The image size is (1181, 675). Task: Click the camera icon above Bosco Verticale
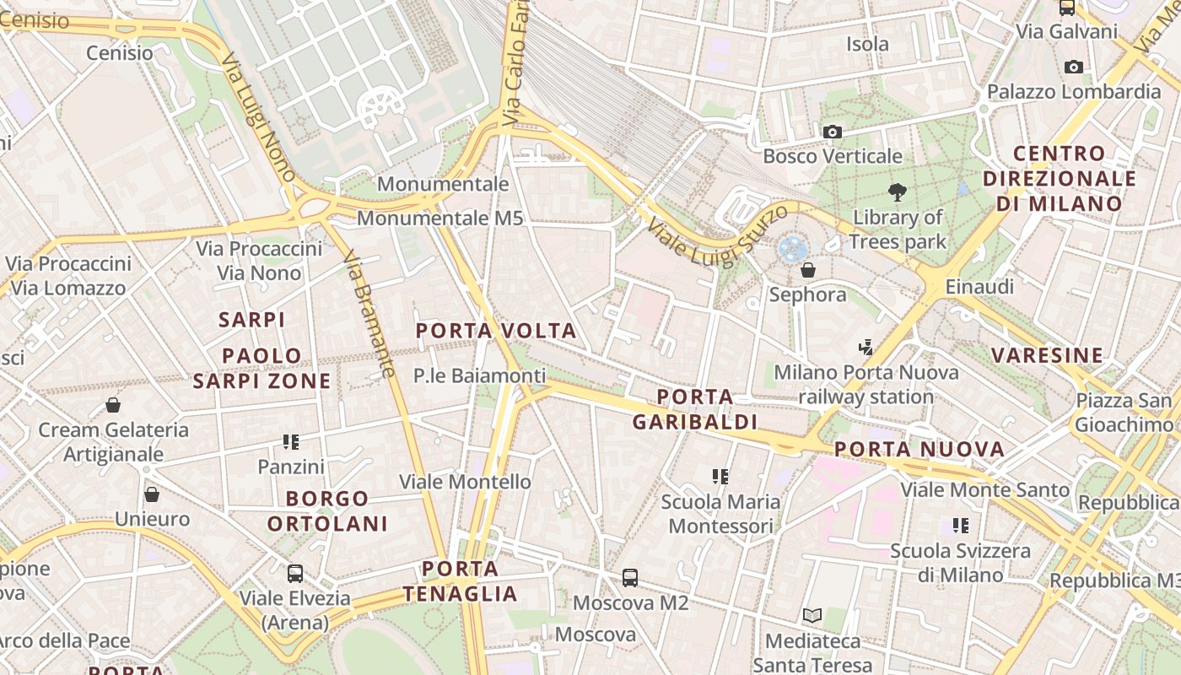tap(833, 132)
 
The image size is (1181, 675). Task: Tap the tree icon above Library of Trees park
tap(897, 192)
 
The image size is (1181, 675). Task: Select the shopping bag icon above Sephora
tap(808, 270)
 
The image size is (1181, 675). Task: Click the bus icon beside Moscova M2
tap(630, 578)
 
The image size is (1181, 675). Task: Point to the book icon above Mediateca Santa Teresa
tap(812, 616)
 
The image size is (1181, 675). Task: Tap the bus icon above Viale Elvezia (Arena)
tap(295, 574)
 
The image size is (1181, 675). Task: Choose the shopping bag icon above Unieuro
tap(152, 494)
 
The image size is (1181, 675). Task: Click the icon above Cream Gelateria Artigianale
tap(113, 405)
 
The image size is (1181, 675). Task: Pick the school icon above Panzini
tap(291, 441)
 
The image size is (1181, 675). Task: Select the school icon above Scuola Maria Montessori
tap(720, 477)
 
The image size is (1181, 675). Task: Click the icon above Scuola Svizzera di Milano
tap(960, 526)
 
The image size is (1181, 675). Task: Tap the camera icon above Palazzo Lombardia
tap(1074, 67)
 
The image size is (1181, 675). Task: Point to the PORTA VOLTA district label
tap(497, 331)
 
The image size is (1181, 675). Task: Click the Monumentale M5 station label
tap(440, 219)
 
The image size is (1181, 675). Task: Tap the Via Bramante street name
tap(371, 316)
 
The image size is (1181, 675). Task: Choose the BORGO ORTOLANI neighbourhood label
tap(327, 510)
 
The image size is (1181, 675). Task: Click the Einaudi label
tap(979, 287)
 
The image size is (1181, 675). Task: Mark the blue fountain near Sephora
tap(793, 248)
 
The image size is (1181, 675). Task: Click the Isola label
tap(868, 44)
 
